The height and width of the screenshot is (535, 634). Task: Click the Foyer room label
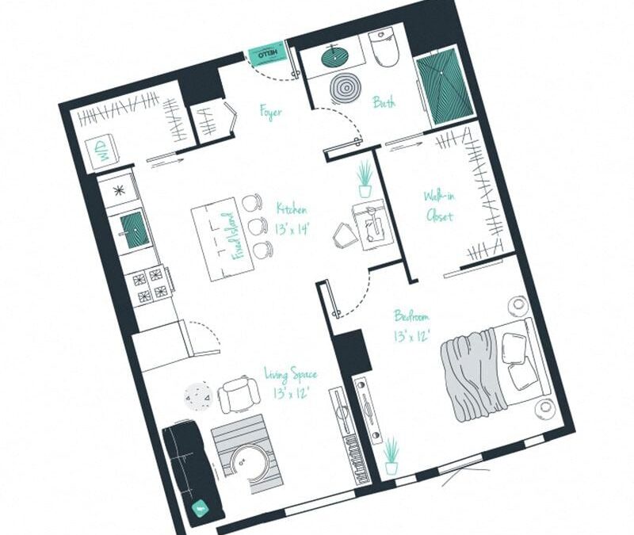click(271, 112)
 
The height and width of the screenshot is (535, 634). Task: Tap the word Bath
click(384, 102)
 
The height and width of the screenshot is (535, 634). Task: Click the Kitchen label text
click(291, 218)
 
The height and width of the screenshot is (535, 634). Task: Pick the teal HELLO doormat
click(266, 54)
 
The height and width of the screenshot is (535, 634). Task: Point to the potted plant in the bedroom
click(391, 456)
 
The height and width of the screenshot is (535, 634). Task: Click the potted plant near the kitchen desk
click(365, 179)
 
